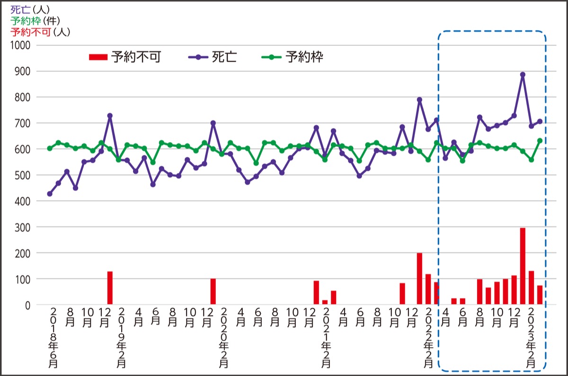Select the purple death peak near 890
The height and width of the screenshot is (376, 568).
523,75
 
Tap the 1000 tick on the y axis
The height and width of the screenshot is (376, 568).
20,45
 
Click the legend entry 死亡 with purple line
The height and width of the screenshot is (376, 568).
213,57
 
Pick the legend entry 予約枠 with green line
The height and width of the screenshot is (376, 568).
293,57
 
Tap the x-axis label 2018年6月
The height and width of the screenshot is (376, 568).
53,338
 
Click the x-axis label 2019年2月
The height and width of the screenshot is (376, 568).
121,338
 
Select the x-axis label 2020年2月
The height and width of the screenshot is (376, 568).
224,338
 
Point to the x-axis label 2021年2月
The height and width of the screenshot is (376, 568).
326,338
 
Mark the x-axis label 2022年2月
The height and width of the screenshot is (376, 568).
428,338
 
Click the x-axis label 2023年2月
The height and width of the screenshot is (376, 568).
531,338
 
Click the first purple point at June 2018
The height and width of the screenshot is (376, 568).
50,194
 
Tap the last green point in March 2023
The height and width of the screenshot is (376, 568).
540,141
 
